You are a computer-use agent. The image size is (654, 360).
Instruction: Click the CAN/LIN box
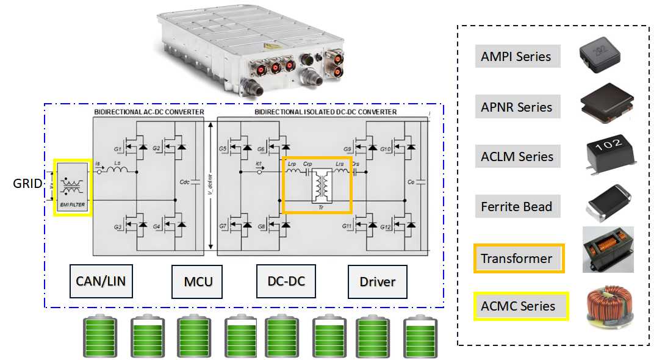pos(101,281)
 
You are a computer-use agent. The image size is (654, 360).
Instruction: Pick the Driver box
pos(377,281)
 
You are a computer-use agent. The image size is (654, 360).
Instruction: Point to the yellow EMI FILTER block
pos(73,187)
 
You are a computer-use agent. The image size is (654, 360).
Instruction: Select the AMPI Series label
pos(516,57)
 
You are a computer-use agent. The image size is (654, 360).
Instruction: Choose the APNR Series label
pos(517,107)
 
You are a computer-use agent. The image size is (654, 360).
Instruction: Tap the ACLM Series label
pos(517,157)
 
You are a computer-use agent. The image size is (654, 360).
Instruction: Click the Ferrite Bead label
pos(516,206)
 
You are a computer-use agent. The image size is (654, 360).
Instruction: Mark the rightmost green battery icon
pos(420,336)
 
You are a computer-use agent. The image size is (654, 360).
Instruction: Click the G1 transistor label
pos(118,148)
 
